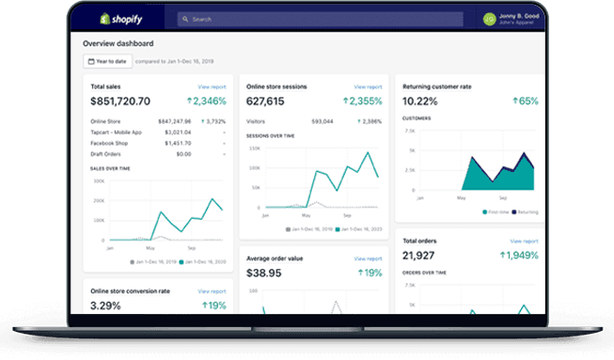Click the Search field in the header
pyautogui.click(x=320, y=18)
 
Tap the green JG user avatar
pyautogui.click(x=489, y=18)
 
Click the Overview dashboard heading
pyautogui.click(x=118, y=43)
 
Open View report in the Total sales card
pyautogui.click(x=212, y=86)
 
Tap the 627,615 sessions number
pyautogui.click(x=266, y=101)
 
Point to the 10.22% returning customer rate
pyautogui.click(x=420, y=101)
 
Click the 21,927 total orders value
pyautogui.click(x=419, y=256)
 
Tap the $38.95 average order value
pyautogui.click(x=264, y=273)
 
